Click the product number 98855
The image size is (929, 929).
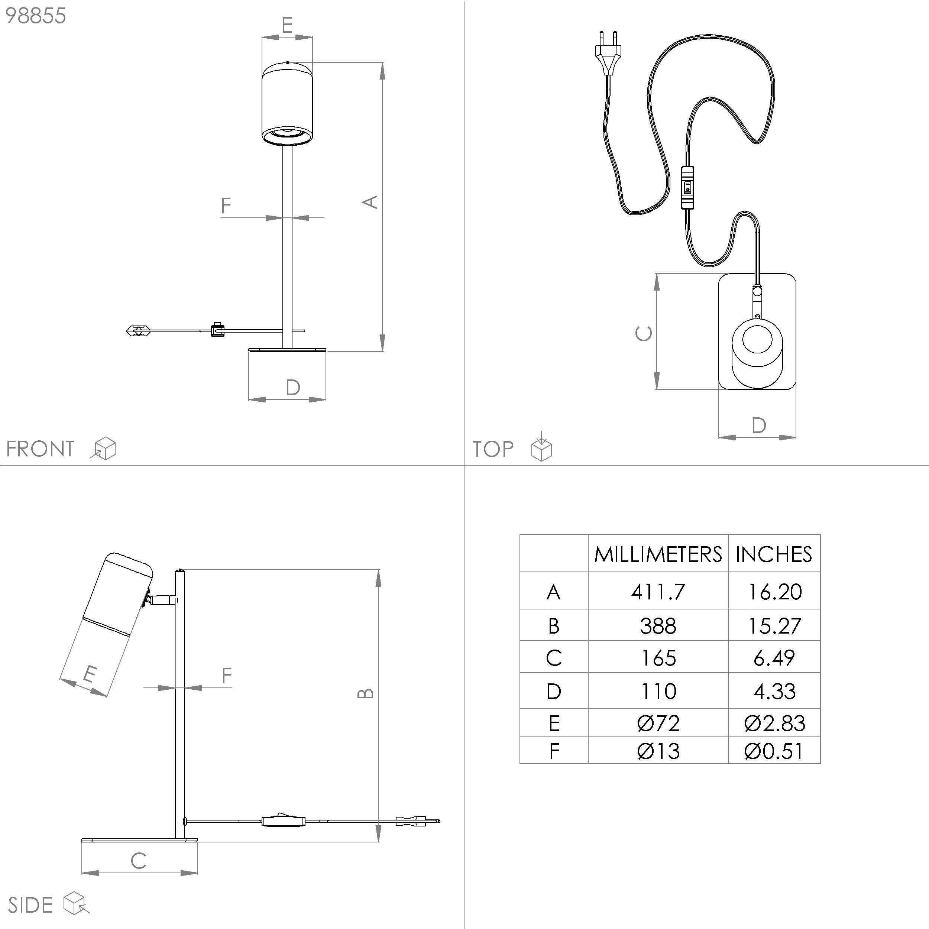36,16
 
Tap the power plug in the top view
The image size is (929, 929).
608,53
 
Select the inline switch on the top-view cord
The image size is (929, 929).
687,187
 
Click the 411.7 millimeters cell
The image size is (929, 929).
658,592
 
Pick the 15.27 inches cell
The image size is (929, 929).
774,625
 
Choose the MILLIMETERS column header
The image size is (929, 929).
658,554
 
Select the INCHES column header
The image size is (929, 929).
774,554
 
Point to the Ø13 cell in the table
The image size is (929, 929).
658,751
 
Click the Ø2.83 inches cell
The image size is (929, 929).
774,723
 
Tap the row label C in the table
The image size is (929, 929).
554,658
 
